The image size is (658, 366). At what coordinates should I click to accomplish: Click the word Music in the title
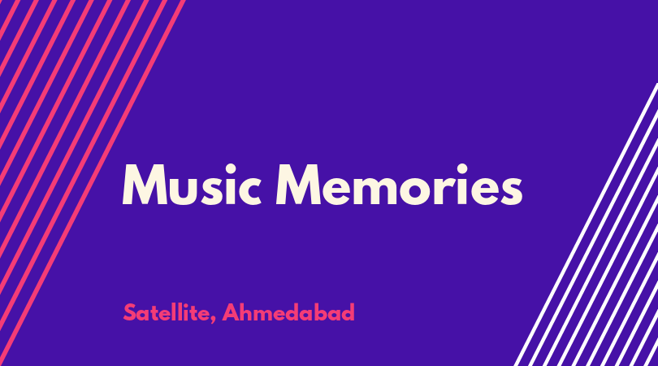pyautogui.click(x=193, y=185)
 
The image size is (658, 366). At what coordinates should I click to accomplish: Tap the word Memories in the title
pyautogui.click(x=399, y=185)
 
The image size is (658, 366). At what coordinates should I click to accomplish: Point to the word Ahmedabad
pyautogui.click(x=288, y=312)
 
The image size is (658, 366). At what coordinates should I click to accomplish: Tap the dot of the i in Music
pyautogui.click(x=231, y=169)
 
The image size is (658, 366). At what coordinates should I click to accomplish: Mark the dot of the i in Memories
pyautogui.click(x=462, y=169)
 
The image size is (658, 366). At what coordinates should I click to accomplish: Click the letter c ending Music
pyautogui.click(x=251, y=191)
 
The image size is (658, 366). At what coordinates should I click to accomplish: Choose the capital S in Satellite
pyautogui.click(x=130, y=312)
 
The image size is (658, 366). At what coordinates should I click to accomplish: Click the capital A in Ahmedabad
pyautogui.click(x=231, y=312)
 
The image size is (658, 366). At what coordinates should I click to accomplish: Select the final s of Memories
pyautogui.click(x=512, y=191)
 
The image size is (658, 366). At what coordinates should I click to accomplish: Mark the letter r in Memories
pyautogui.click(x=445, y=190)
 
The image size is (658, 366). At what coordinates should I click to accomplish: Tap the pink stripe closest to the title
pyautogui.click(x=93, y=183)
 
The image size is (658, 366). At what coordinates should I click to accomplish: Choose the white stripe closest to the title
pyautogui.click(x=586, y=224)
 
